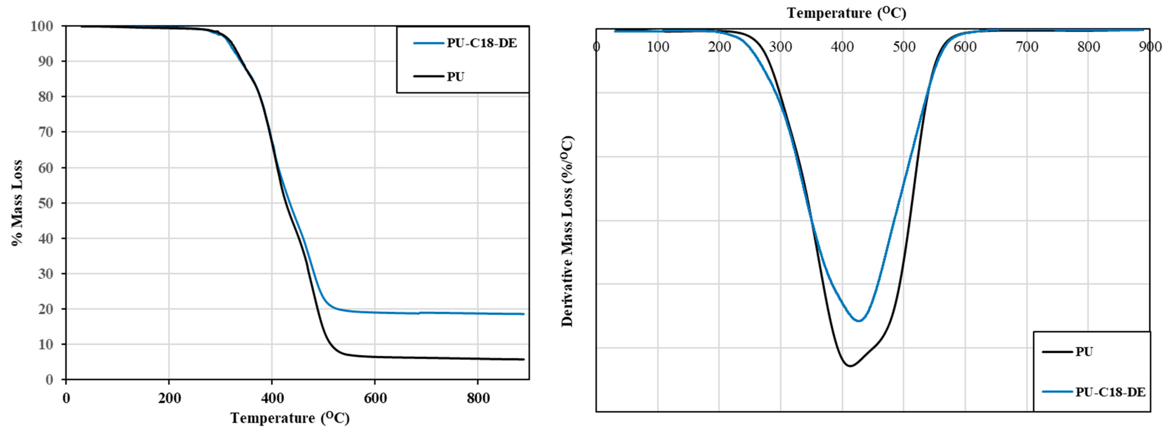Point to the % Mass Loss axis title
pyautogui.click(x=17, y=203)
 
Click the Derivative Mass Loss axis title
pyautogui.click(x=567, y=231)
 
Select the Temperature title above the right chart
pyautogui.click(x=846, y=13)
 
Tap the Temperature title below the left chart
pyautogui.click(x=290, y=418)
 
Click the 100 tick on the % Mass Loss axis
pyautogui.click(x=42, y=26)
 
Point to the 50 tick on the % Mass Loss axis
pyautogui.click(x=45, y=203)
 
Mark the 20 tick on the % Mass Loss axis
pyautogui.click(x=45, y=309)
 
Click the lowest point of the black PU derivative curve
pyautogui.click(x=850, y=366)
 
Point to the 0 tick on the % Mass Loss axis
pyautogui.click(x=49, y=380)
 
